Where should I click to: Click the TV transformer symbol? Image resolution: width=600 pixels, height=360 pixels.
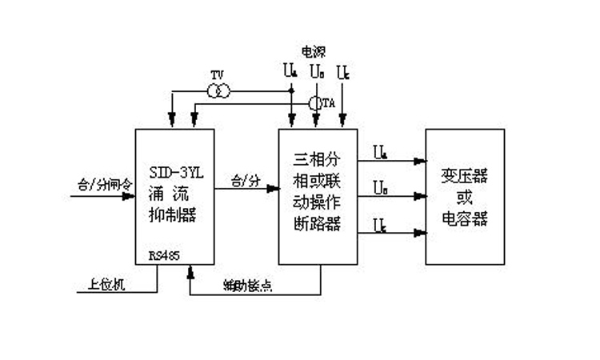(x=218, y=91)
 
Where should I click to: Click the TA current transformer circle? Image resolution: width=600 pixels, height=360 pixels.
(x=316, y=103)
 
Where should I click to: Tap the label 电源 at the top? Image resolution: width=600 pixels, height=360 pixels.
(x=313, y=51)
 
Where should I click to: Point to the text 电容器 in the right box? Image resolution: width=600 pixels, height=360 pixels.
(x=465, y=218)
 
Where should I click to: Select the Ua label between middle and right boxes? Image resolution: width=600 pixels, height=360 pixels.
(x=381, y=150)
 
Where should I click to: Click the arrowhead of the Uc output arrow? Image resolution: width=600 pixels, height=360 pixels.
(x=421, y=233)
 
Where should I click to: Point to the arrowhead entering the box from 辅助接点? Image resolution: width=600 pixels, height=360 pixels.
(x=190, y=272)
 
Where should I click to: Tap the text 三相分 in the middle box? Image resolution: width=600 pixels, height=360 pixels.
(x=317, y=169)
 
